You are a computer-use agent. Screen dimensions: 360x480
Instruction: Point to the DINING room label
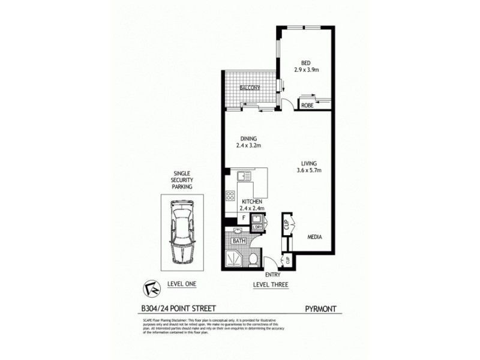coord(247,137)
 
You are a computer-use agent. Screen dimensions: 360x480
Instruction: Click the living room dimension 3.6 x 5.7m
coord(310,170)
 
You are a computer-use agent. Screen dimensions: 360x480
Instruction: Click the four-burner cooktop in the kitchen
coord(230,195)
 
